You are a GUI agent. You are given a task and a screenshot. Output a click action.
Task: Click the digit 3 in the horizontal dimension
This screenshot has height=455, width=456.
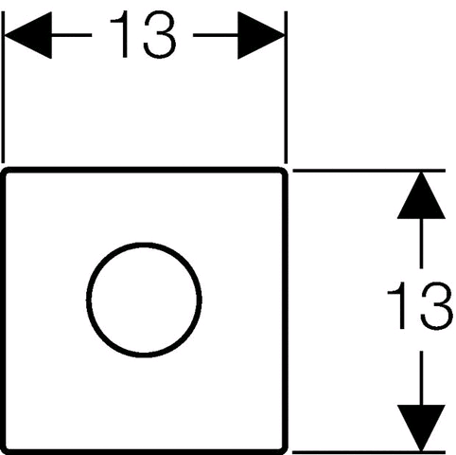(x=160, y=34)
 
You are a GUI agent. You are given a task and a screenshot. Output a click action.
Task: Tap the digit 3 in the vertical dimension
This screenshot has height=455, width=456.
(x=437, y=306)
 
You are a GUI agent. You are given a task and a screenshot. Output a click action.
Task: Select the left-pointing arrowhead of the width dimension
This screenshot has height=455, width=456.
(x=27, y=35)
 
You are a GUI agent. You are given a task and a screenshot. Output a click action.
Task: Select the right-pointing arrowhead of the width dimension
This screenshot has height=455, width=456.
(x=261, y=35)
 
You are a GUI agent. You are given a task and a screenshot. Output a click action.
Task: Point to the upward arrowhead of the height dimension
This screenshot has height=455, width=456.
(x=421, y=195)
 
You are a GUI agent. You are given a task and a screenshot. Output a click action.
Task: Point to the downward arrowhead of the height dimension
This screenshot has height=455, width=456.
(x=421, y=428)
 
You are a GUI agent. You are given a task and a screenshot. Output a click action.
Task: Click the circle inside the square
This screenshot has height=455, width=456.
(x=86, y=300)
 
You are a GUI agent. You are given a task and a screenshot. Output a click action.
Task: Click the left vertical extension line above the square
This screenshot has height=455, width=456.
(x=3, y=87)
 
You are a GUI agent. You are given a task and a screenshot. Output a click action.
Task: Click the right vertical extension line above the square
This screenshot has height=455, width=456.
(x=286, y=87)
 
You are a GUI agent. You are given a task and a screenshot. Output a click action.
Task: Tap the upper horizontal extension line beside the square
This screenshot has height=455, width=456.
(x=369, y=171)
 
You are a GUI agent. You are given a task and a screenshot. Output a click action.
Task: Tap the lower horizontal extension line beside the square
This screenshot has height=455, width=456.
(x=369, y=452)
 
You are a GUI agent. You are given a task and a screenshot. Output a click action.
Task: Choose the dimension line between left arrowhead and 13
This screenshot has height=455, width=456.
(x=71, y=35)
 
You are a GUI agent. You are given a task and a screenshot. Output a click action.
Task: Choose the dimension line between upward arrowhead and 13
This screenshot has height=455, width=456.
(x=421, y=244)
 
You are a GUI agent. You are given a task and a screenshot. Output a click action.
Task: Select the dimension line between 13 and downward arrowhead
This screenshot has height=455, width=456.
(x=421, y=378)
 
